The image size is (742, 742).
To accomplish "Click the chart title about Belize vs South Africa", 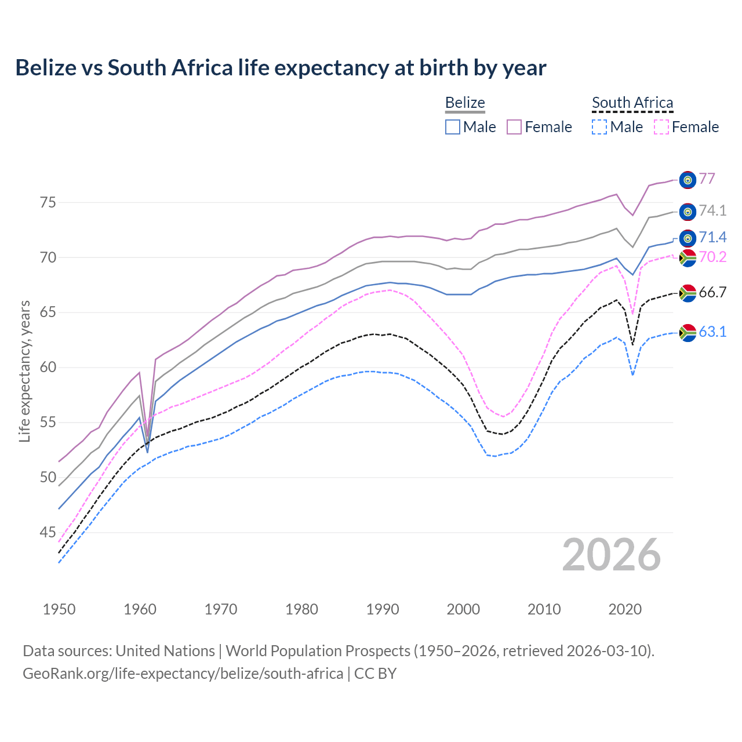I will (x=281, y=68).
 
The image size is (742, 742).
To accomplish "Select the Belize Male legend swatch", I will (x=453, y=127).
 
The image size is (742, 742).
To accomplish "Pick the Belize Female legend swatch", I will (x=514, y=127).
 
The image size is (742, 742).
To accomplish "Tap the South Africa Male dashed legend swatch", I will (x=599, y=127).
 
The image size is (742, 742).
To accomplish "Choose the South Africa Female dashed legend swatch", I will (x=661, y=127).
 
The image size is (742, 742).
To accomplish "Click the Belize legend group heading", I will (x=465, y=103).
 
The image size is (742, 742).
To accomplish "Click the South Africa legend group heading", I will (x=632, y=103).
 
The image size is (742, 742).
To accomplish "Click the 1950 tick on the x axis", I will (x=59, y=609).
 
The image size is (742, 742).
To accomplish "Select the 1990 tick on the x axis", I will (x=383, y=609).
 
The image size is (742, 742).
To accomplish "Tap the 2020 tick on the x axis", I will (x=625, y=609).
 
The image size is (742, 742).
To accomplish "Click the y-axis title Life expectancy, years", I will (x=24, y=371).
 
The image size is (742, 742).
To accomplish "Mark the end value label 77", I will (x=707, y=179).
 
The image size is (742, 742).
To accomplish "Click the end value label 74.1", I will (x=712, y=211).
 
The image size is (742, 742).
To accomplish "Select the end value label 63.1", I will (x=712, y=332).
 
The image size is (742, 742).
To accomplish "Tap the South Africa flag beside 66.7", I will (x=688, y=293).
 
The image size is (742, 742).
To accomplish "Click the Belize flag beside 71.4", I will (x=688, y=238).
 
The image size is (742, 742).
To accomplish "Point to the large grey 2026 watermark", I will (x=612, y=555).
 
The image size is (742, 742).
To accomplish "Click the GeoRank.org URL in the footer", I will (x=183, y=674).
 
